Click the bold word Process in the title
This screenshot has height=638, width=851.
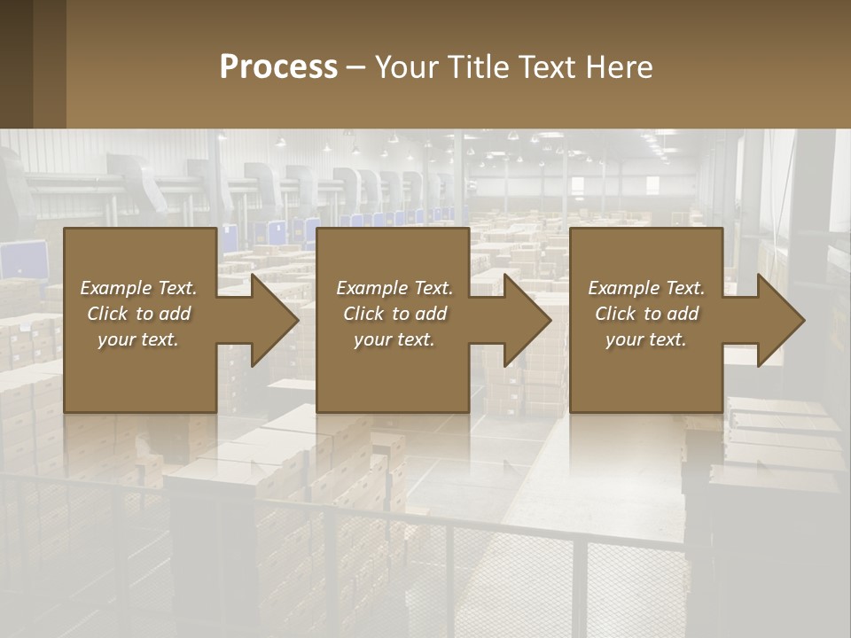click(x=278, y=66)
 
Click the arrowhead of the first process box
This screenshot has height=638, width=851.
click(x=270, y=320)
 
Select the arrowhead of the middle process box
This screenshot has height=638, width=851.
click(x=524, y=320)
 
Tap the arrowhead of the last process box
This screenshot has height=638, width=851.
click(x=777, y=320)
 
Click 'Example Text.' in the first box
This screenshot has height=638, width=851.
click(x=138, y=288)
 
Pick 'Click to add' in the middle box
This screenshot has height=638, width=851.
click(x=394, y=314)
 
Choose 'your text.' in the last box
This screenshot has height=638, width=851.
click(x=646, y=339)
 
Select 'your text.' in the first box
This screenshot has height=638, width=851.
click(x=138, y=339)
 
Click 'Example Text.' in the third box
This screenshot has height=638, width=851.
click(x=646, y=288)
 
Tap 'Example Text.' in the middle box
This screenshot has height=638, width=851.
click(x=394, y=288)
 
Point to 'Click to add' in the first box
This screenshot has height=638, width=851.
click(x=138, y=314)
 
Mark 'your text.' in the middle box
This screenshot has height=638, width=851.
click(x=394, y=339)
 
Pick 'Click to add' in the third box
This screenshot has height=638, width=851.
click(x=646, y=314)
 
